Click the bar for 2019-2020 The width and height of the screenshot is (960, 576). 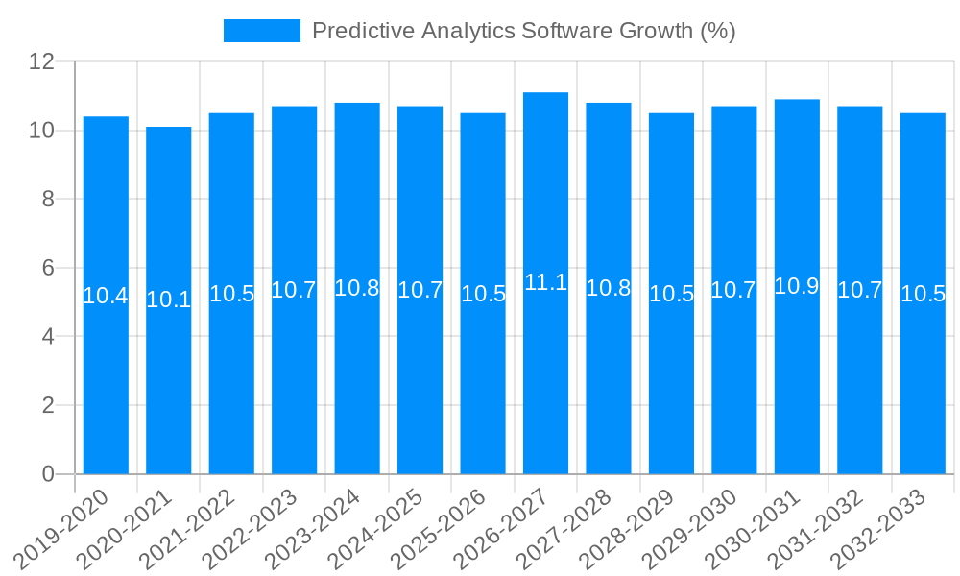[x=106, y=384]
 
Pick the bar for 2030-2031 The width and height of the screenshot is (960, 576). [x=797, y=384]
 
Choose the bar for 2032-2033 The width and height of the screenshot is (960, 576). [x=923, y=384]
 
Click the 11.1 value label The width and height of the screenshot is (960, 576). [x=545, y=282]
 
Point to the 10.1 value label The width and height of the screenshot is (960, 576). [x=169, y=300]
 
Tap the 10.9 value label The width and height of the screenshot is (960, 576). [x=797, y=286]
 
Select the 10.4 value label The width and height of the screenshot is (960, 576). [x=106, y=296]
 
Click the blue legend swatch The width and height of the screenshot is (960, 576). [x=261, y=31]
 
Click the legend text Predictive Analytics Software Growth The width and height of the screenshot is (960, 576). [x=524, y=31]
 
